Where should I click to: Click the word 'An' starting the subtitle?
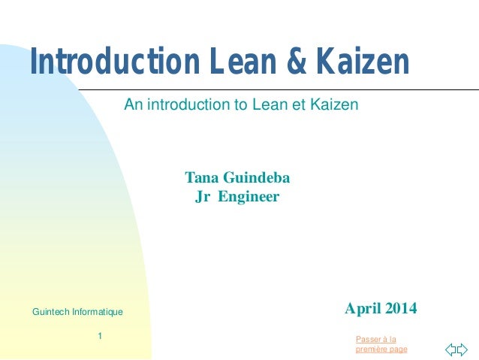132,105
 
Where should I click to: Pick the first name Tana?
201,178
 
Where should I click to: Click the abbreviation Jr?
201,197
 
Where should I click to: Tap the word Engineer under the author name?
249,197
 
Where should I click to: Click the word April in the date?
361,308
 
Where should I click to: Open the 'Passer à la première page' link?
381,344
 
